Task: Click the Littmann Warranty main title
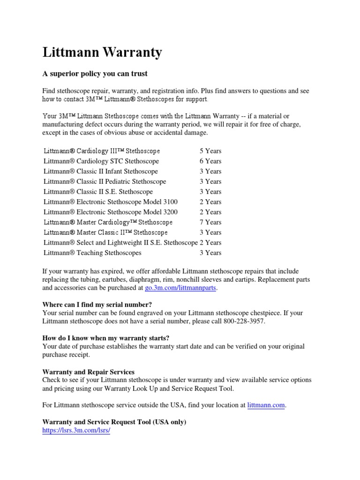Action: [x=102, y=52]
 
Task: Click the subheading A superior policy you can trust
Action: [x=95, y=74]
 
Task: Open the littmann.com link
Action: [x=266, y=405]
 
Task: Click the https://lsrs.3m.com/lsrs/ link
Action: [x=76, y=430]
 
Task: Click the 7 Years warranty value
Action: [x=210, y=222]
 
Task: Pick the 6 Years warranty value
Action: [x=210, y=161]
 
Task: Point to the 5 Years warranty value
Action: [x=210, y=151]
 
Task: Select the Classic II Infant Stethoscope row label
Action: [x=100, y=172]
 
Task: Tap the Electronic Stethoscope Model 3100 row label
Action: [x=110, y=202]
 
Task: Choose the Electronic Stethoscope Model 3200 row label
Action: [x=110, y=212]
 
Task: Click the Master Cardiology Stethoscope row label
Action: [x=108, y=222]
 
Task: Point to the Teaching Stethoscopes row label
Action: [x=92, y=253]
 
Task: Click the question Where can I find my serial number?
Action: [x=97, y=304]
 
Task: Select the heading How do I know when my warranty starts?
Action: [x=105, y=338]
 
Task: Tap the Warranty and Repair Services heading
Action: [x=88, y=372]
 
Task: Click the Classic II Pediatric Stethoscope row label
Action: [x=105, y=181]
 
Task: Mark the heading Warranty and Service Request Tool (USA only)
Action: [x=114, y=422]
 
